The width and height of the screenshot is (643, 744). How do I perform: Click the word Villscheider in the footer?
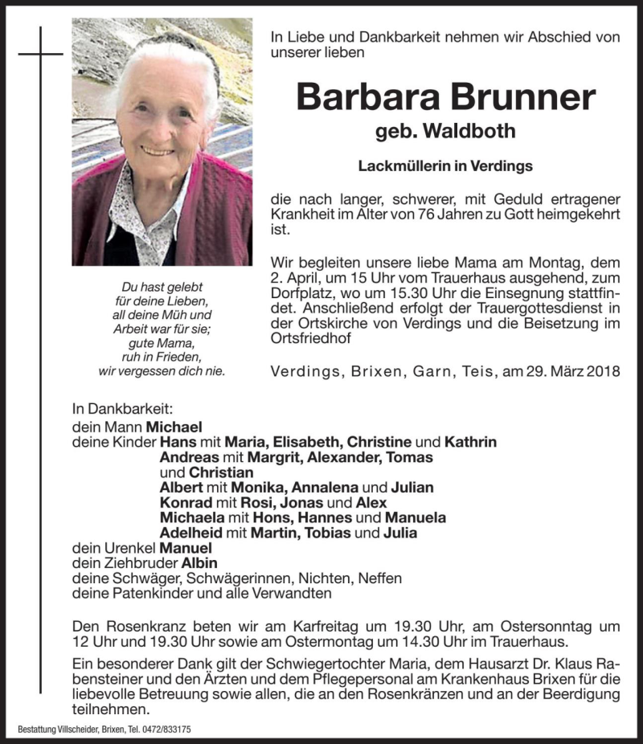coord(80,730)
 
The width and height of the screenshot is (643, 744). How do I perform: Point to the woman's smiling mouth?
coord(158,149)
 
